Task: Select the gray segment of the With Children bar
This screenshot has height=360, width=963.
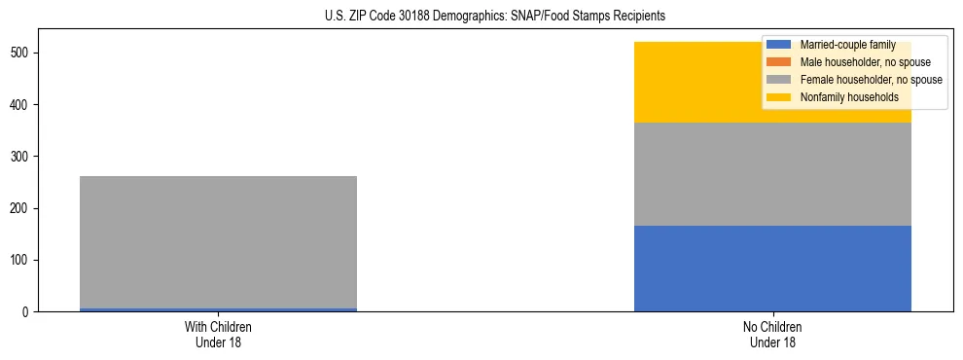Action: [218, 242]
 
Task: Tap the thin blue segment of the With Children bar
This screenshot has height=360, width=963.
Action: [218, 309]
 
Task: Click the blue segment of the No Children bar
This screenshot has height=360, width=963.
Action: [772, 269]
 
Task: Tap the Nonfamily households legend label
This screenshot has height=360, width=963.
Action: [849, 97]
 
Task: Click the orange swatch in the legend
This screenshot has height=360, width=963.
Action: [779, 62]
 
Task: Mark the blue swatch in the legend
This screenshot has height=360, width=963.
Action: [779, 46]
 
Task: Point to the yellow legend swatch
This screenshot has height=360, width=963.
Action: [779, 97]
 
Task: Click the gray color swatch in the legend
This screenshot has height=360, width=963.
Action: [779, 80]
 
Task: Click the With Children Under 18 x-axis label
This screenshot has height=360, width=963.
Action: [218, 334]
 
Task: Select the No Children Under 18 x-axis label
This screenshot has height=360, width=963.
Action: [772, 334]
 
